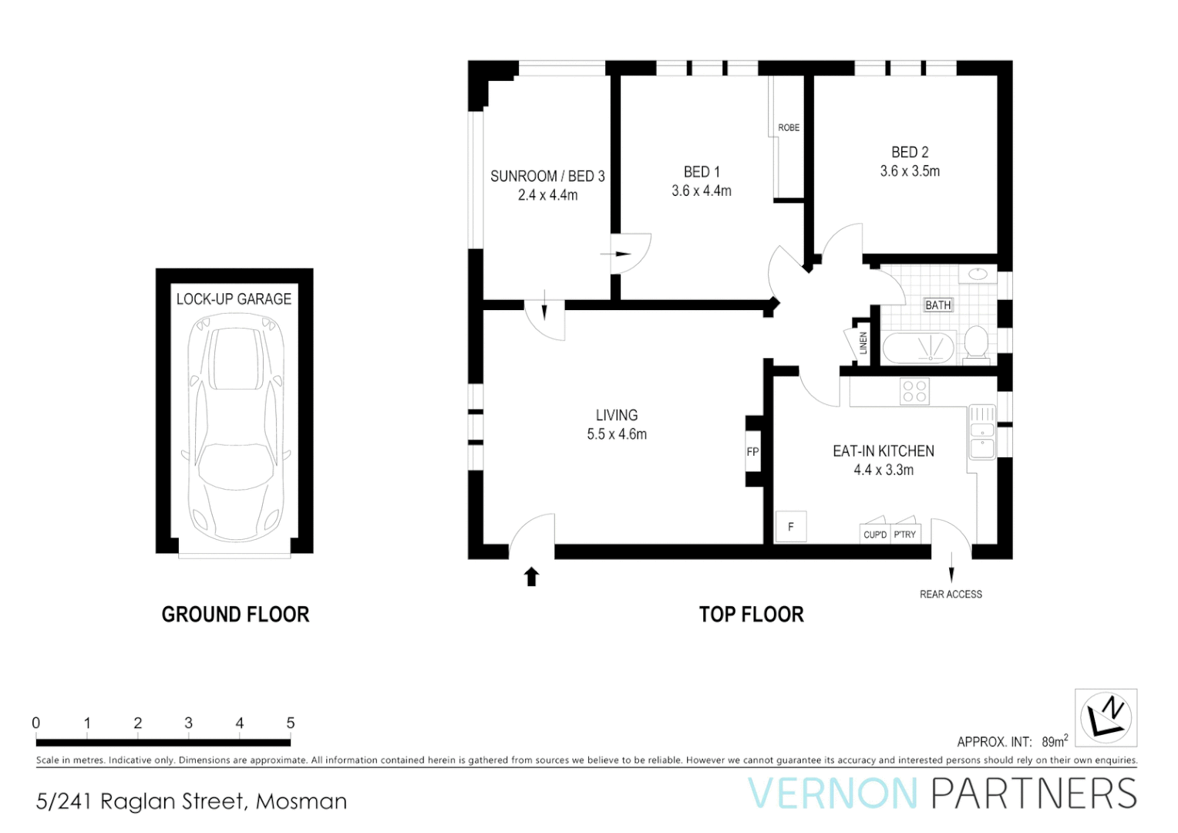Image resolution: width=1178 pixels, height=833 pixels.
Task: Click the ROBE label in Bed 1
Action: (x=788, y=127)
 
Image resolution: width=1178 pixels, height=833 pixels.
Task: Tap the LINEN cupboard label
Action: (x=863, y=342)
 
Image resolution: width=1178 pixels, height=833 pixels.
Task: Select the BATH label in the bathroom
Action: (x=937, y=305)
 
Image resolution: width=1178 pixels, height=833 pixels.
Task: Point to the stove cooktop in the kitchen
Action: (x=914, y=391)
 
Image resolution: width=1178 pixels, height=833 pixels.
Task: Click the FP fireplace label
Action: (x=752, y=452)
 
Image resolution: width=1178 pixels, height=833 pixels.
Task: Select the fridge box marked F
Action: (x=790, y=527)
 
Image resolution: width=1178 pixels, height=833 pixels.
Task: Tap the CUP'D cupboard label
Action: (x=875, y=535)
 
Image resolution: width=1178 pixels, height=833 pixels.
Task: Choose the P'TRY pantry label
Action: (x=905, y=535)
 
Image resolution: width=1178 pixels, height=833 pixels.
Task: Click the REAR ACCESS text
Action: (x=951, y=594)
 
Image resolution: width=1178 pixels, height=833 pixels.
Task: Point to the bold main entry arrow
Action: (x=531, y=576)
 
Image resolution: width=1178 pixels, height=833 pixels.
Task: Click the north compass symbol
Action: (x=1106, y=717)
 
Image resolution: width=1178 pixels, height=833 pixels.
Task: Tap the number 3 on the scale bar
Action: (x=188, y=723)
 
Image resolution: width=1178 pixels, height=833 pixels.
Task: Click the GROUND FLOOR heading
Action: (x=235, y=615)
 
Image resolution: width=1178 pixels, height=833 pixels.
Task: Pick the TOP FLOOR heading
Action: (x=751, y=615)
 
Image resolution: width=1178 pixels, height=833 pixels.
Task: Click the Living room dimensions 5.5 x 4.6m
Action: (x=617, y=434)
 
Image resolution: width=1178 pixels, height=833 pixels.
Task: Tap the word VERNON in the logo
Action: (x=833, y=794)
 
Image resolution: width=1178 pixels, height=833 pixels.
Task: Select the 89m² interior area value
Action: (x=1054, y=741)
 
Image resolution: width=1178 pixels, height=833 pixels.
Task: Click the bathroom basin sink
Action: (x=978, y=274)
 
